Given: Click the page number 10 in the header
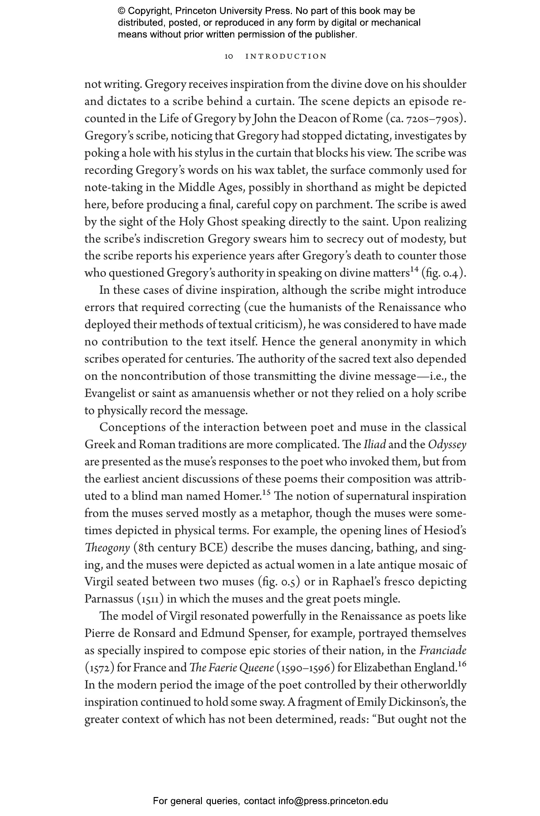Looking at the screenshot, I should [228, 56].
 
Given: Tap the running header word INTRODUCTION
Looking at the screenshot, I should [286, 56].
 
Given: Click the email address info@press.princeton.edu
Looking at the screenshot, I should [333, 801].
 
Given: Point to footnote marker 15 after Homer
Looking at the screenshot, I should [266, 493].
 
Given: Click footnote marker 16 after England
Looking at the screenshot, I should [462, 664].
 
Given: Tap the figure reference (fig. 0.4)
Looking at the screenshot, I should [443, 273].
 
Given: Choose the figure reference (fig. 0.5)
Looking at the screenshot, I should [279, 582].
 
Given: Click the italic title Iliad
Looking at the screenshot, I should [375, 445].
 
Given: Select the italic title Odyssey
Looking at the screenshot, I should [447, 445].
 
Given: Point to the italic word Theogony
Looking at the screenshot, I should [107, 548].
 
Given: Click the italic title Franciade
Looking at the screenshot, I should [443, 651].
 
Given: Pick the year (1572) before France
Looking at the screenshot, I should [99, 668].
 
